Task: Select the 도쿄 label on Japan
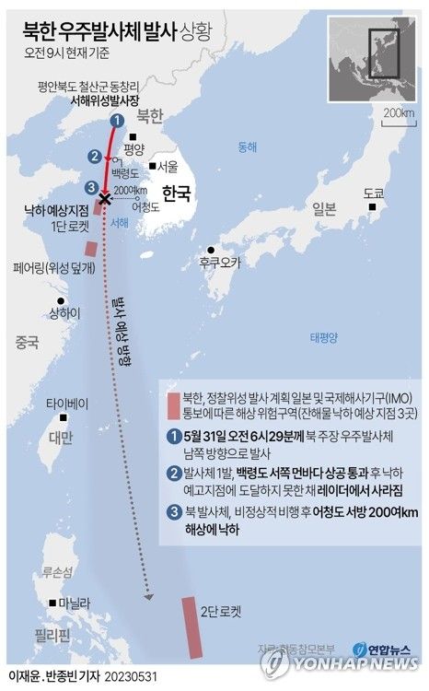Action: pyautogui.click(x=373, y=194)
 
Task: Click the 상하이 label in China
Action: pyautogui.click(x=64, y=312)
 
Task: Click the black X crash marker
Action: pyautogui.click(x=105, y=199)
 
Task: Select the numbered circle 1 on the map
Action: pyautogui.click(x=116, y=120)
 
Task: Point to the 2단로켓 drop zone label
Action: pyautogui.click(x=221, y=610)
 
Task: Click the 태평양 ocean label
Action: pyautogui.click(x=325, y=335)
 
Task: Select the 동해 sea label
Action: pyautogui.click(x=248, y=146)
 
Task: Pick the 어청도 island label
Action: pyautogui.click(x=145, y=207)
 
